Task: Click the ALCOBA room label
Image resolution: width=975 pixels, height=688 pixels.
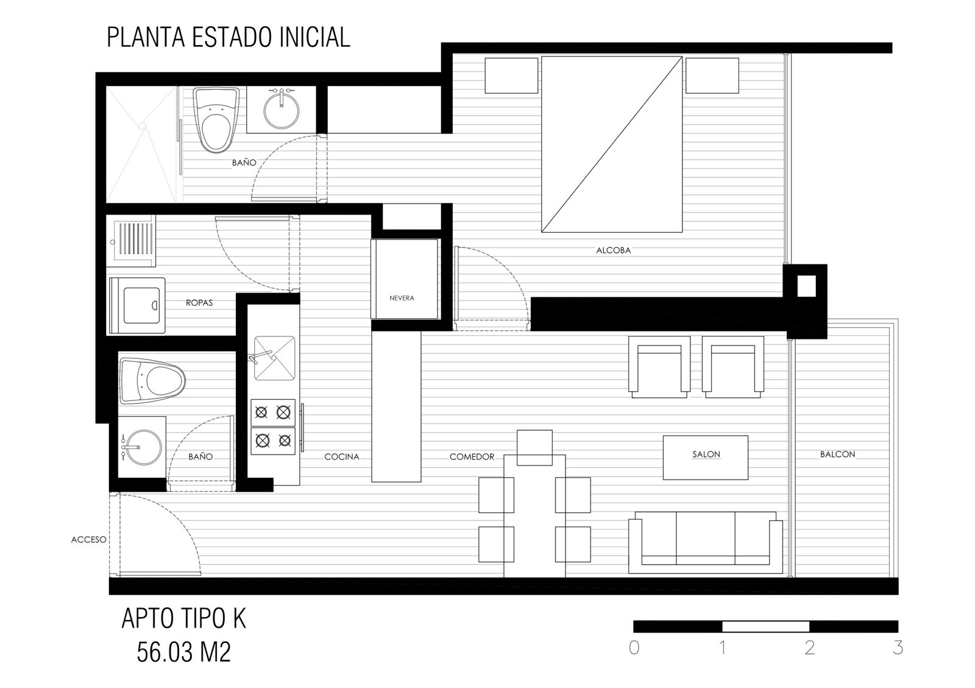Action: pos(613,250)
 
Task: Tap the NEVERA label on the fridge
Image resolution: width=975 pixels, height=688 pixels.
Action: pos(402,298)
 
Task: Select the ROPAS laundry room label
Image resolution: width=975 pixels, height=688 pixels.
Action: pos(199,302)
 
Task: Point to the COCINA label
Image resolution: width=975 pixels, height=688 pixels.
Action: pos(342,456)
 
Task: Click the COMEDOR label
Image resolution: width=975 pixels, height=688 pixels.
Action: pos(472,456)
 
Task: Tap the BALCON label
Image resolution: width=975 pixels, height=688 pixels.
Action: pos(837,454)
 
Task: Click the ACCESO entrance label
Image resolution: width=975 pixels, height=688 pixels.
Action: pos(89,539)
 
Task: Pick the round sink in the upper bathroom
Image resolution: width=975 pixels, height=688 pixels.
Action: pos(281,110)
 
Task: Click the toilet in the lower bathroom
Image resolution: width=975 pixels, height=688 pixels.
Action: pos(152,380)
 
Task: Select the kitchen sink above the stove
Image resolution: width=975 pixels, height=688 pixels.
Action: pos(275,358)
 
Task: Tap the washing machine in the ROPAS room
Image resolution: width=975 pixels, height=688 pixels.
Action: pos(137,305)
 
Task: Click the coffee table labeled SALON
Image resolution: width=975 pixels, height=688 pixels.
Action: pos(705,458)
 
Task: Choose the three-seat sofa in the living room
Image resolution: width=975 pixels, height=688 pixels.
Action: pos(705,542)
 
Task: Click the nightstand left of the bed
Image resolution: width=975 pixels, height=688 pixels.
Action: pos(511,76)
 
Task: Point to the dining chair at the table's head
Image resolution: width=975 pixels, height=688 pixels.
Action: pos(534,447)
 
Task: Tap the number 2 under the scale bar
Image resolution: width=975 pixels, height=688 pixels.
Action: pos(810,648)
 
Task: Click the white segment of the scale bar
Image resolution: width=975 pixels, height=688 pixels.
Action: pos(765,626)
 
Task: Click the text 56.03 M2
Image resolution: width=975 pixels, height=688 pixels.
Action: pos(183,652)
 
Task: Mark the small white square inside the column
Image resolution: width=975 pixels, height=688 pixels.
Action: pos(807,286)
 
